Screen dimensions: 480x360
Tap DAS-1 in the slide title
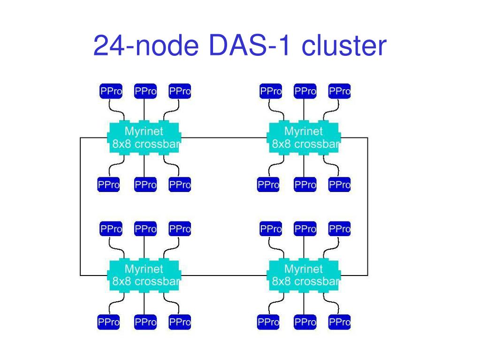(x=249, y=46)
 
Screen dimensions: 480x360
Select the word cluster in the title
(x=344, y=46)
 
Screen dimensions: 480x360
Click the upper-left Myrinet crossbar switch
(x=144, y=138)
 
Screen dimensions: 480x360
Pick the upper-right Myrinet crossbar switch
(x=304, y=138)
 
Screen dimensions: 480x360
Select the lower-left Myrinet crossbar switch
(x=144, y=276)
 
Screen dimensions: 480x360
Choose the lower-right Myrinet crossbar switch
(x=304, y=276)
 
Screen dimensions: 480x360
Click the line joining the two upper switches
(x=224, y=138)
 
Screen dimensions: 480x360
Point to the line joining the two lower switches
(x=224, y=276)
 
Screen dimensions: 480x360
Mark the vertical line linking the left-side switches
(x=80, y=207)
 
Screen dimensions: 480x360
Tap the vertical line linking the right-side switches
(x=367, y=207)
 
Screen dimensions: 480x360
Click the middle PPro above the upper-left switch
(x=145, y=91)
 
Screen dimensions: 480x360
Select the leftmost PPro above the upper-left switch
(x=111, y=91)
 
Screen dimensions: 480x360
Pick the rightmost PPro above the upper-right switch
(x=340, y=91)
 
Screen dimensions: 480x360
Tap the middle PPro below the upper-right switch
(x=305, y=184)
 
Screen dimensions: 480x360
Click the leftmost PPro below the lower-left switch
(x=109, y=322)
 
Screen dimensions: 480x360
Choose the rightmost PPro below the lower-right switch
(x=340, y=322)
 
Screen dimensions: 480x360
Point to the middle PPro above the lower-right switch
(x=305, y=229)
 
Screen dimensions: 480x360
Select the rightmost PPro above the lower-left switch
(x=180, y=229)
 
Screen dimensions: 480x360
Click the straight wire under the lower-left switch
(x=144, y=304)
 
